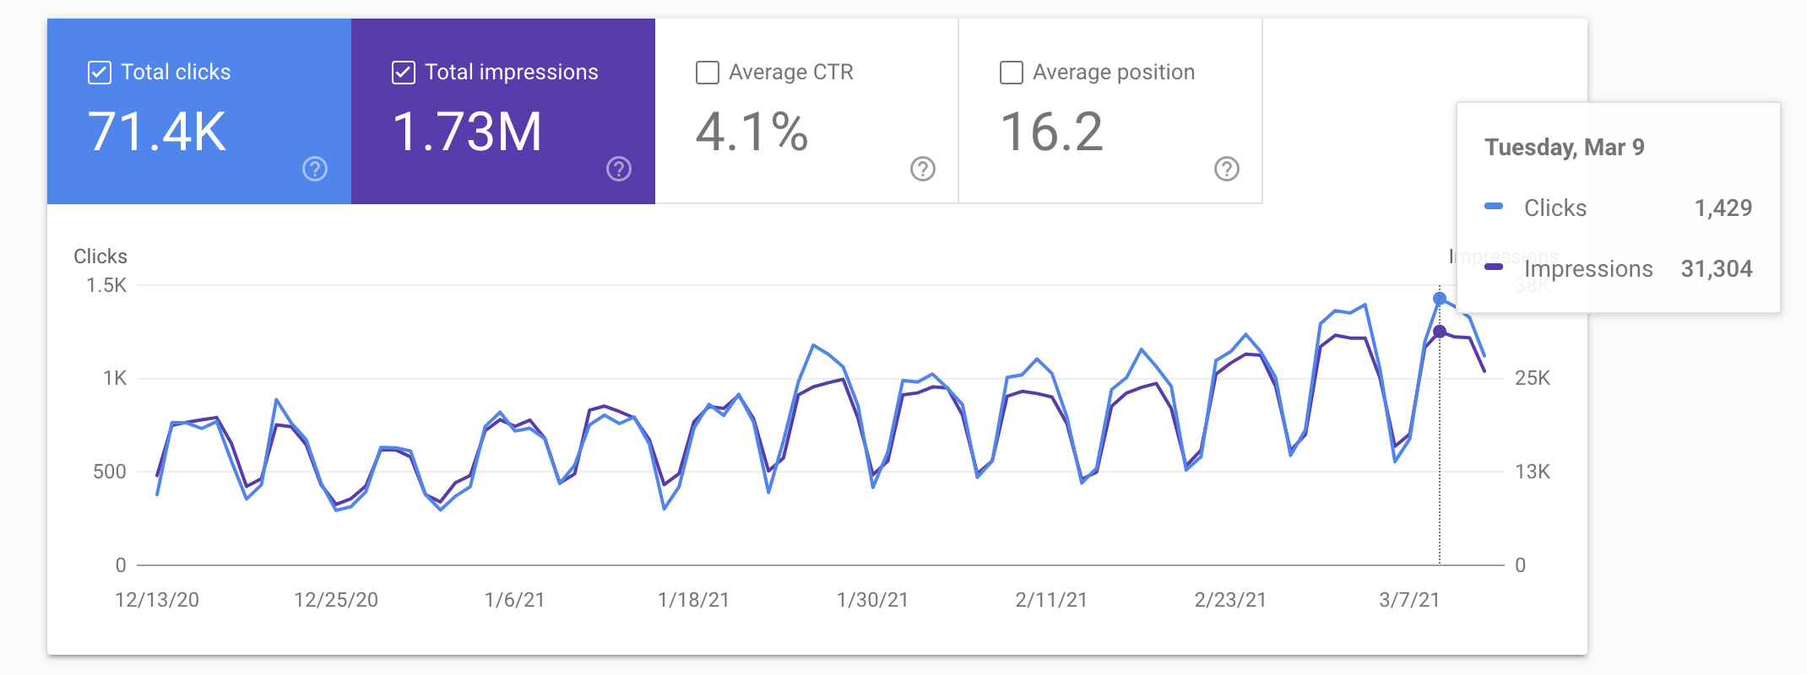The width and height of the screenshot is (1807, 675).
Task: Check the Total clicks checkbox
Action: [x=99, y=73]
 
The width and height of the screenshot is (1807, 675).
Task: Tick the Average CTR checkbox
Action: [x=707, y=73]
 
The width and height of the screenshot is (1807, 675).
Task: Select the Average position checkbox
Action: [x=1011, y=73]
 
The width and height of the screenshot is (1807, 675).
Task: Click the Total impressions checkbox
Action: [x=403, y=73]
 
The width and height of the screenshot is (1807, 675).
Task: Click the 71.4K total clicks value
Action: [x=157, y=132]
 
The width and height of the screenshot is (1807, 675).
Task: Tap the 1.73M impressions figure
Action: [x=467, y=132]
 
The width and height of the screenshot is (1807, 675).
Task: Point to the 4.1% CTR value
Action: [x=752, y=132]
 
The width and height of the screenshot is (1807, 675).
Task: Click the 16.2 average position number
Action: [x=1051, y=132]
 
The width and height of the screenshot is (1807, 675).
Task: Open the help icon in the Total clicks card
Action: [x=315, y=170]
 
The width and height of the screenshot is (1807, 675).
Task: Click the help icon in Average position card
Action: [x=1226, y=170]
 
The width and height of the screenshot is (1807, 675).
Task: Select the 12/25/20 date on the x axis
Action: [x=335, y=600]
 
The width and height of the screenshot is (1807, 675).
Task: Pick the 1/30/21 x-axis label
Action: [x=872, y=600]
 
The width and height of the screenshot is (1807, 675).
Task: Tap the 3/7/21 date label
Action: [x=1408, y=600]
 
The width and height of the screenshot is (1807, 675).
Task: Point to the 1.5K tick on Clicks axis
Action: [x=106, y=285]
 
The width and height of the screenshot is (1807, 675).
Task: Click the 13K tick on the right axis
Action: [x=1532, y=472]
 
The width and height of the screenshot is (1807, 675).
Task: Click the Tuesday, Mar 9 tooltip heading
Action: [x=1564, y=148]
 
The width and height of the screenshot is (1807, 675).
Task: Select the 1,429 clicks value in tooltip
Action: [x=1723, y=208]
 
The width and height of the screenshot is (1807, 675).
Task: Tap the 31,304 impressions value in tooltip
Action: [x=1716, y=269]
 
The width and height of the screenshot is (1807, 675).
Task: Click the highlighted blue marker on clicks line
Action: [x=1440, y=299]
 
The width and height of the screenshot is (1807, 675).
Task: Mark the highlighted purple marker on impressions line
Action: [x=1440, y=332]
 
